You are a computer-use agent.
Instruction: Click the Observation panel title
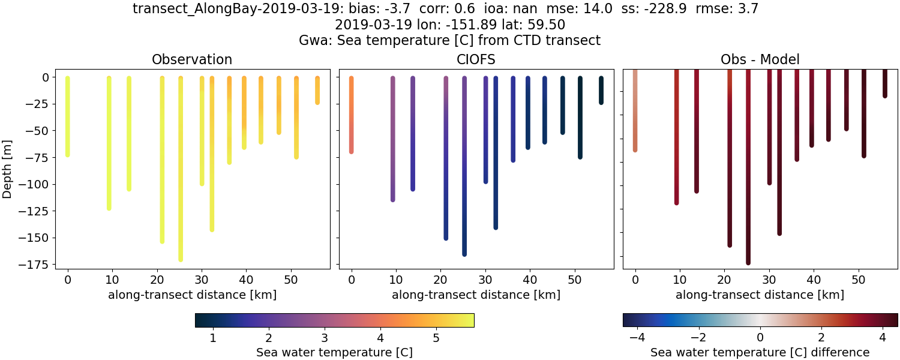click(x=192, y=59)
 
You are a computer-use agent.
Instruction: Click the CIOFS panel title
click(x=476, y=59)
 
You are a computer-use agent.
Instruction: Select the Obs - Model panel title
click(x=760, y=59)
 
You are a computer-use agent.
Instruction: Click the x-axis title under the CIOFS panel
click(x=476, y=295)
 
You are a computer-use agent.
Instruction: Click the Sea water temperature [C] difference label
click(x=760, y=352)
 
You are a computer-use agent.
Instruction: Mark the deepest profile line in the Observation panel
click(x=181, y=180)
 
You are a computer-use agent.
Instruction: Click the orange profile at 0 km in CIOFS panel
click(x=351, y=114)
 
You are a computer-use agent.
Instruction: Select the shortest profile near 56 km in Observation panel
click(x=317, y=90)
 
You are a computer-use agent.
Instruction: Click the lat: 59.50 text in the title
click(x=535, y=25)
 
